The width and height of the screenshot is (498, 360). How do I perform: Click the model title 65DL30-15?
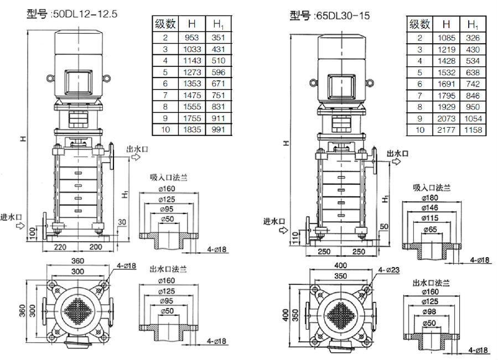coord(330,15)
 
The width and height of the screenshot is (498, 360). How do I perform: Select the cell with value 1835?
coord(191,131)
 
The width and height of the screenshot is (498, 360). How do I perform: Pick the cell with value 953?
coord(191,38)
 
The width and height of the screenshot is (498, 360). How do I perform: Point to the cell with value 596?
coord(218,72)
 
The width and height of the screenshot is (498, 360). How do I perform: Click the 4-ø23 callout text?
coord(389,270)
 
